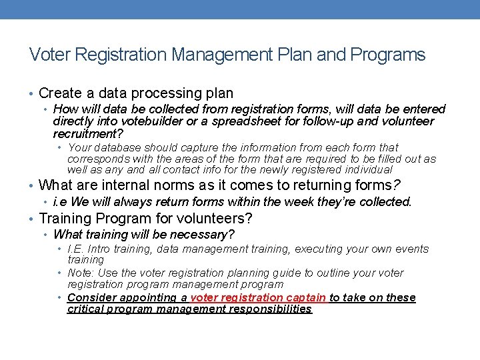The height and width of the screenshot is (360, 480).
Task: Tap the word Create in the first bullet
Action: (x=61, y=93)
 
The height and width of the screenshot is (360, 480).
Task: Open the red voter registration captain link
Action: (x=258, y=297)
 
